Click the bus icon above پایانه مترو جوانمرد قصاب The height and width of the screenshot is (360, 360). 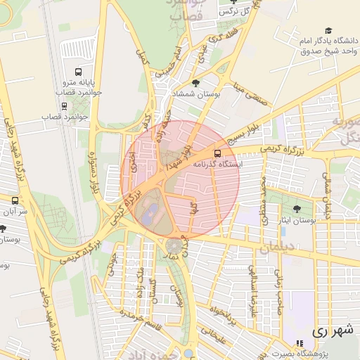pos(77,72)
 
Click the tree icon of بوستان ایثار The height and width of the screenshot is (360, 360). pos(297,209)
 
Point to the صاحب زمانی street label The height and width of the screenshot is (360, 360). pos(278,293)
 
